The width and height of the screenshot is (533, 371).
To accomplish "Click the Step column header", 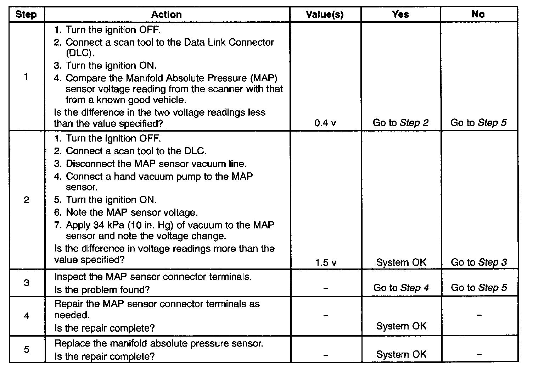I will point(26,15).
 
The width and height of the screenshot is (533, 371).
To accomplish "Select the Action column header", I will point(167,15).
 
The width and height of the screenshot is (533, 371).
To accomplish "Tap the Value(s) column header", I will point(325,15).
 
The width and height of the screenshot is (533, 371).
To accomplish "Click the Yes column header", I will point(400,15).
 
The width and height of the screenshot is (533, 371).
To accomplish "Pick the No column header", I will point(478,15).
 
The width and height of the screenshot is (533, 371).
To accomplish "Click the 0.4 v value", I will point(325,123).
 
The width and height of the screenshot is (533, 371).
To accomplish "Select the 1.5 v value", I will point(325,263).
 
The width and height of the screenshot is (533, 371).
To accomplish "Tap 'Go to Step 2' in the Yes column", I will point(400,123).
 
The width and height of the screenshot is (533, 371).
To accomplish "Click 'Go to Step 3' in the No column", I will point(479,262).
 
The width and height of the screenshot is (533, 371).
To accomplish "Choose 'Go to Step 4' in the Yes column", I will point(401,288).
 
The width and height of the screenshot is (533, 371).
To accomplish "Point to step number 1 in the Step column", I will point(26,77).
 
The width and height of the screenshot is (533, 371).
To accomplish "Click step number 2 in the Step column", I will point(26,200).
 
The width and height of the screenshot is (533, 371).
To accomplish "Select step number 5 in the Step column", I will point(26,350).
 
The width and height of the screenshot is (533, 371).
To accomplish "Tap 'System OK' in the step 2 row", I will point(401,262).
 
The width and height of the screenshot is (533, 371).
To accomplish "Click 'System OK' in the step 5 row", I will point(401,354).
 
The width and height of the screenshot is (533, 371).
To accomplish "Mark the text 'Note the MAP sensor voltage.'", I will point(132,213).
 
